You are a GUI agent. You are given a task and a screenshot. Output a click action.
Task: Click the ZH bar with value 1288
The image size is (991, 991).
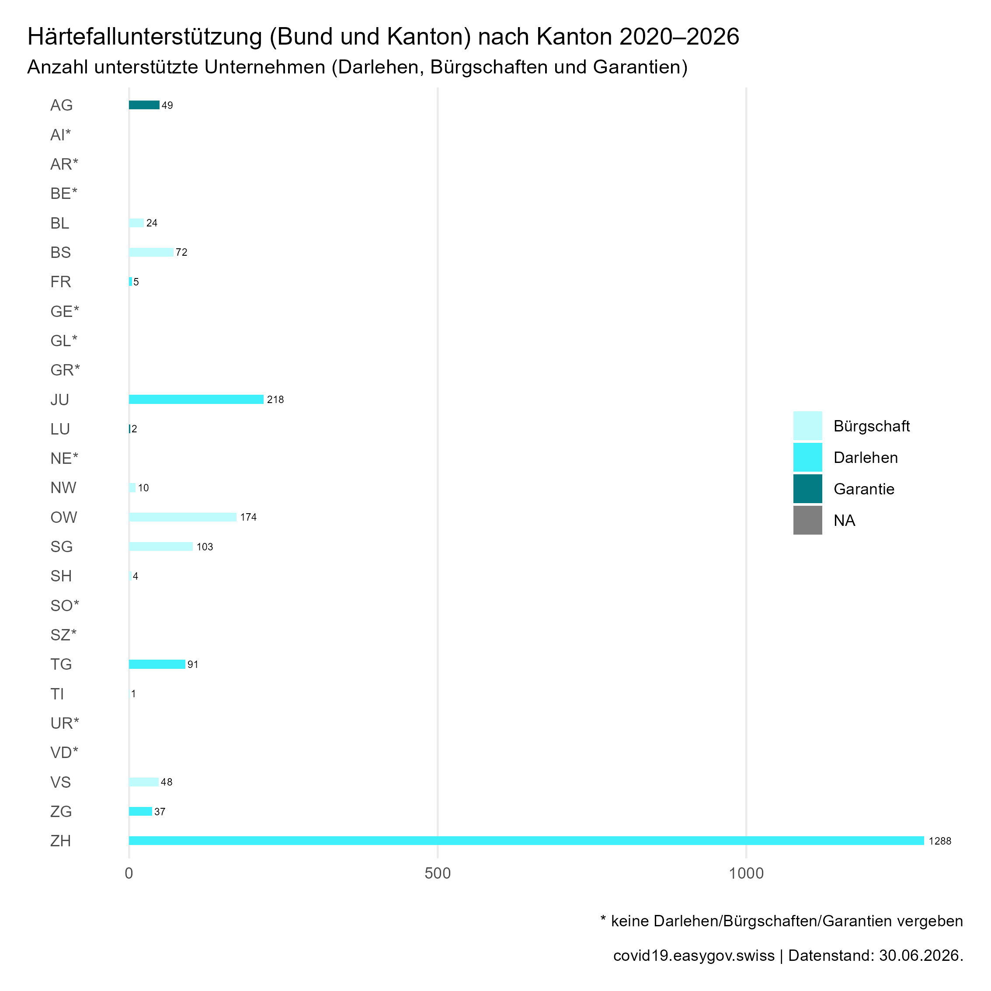click(x=526, y=841)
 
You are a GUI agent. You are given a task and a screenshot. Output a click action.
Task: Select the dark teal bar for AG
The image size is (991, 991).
click(x=144, y=105)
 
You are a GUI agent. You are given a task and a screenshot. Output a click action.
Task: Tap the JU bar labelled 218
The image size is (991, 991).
click(x=196, y=400)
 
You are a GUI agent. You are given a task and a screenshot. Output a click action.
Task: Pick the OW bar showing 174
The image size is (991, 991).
click(x=183, y=517)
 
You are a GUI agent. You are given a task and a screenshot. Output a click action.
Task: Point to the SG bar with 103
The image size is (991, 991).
click(x=160, y=547)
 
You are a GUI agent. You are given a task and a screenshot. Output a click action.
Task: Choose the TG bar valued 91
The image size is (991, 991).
click(x=157, y=664)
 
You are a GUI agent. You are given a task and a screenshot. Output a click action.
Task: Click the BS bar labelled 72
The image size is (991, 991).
click(x=151, y=252)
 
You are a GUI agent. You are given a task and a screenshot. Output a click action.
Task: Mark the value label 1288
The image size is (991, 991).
click(x=940, y=841)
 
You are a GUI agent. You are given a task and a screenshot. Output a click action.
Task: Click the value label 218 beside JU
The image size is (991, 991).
click(x=275, y=400)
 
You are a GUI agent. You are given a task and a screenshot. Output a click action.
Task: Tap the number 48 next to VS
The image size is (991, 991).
click(x=167, y=782)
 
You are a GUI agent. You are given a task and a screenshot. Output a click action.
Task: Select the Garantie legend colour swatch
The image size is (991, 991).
click(x=808, y=489)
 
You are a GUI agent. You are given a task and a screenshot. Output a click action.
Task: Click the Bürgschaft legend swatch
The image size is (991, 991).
click(x=808, y=426)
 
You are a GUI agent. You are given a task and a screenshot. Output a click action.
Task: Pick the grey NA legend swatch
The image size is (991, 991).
click(x=808, y=520)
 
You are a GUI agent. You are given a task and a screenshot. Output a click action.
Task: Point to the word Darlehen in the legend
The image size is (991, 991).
click(x=866, y=458)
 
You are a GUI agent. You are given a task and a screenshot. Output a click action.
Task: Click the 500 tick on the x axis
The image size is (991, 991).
click(x=438, y=873)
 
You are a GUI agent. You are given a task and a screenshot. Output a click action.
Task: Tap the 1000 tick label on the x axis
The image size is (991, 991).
click(x=746, y=873)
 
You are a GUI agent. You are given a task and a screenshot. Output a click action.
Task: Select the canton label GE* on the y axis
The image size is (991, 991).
click(x=65, y=311)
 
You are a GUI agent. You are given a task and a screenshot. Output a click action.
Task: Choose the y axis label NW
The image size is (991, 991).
click(x=63, y=488)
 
